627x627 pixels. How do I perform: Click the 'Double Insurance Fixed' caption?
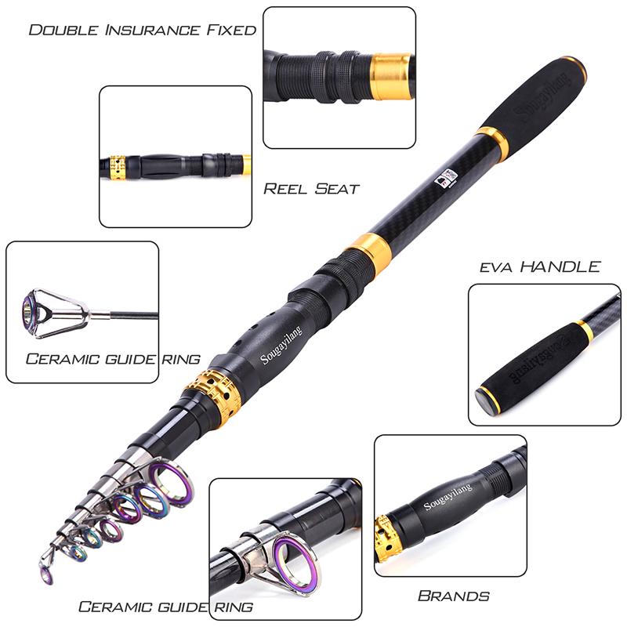click(x=142, y=31)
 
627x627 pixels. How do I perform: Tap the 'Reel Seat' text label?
click(x=311, y=189)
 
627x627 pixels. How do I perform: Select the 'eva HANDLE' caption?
click(x=540, y=266)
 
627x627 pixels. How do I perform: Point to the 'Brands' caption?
click(x=454, y=596)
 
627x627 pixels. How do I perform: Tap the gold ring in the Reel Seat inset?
click(x=118, y=167)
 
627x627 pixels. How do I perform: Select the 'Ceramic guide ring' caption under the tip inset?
click(x=112, y=360)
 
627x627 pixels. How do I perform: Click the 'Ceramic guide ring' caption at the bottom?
click(x=165, y=607)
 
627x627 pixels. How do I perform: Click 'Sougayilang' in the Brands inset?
click(x=449, y=497)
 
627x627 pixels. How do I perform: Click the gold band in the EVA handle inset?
click(x=585, y=332)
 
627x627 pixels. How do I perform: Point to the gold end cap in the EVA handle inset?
click(x=489, y=399)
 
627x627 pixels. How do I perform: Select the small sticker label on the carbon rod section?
click(x=445, y=180)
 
